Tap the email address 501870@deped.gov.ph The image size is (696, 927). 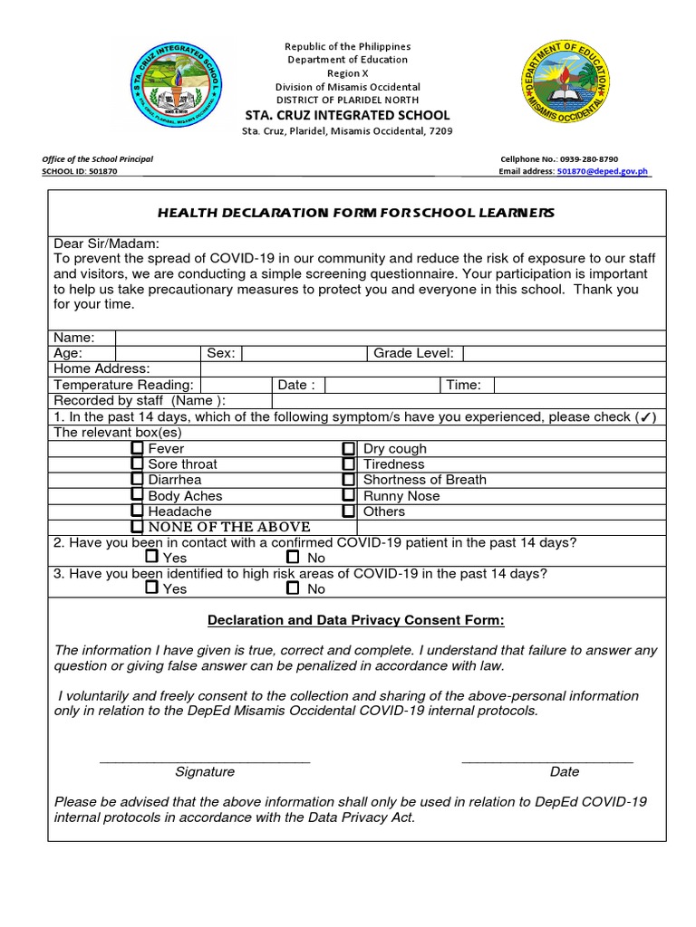pos(602,171)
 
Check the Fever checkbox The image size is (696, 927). pos(137,448)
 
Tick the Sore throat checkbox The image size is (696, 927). pos(137,463)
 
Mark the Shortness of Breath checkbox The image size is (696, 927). pos(348,480)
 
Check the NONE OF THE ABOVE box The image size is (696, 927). pos(137,527)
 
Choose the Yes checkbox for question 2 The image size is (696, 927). pos(151,557)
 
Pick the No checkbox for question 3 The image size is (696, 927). pos(293,588)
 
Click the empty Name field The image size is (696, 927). pos(390,338)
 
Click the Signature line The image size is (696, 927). pos(205,759)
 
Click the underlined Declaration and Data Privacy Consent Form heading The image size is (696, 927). pos(355,620)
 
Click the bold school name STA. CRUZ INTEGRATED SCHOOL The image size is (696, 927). pos(347,115)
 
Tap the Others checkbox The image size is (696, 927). pos(348,511)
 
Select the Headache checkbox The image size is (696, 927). pos(137,511)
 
